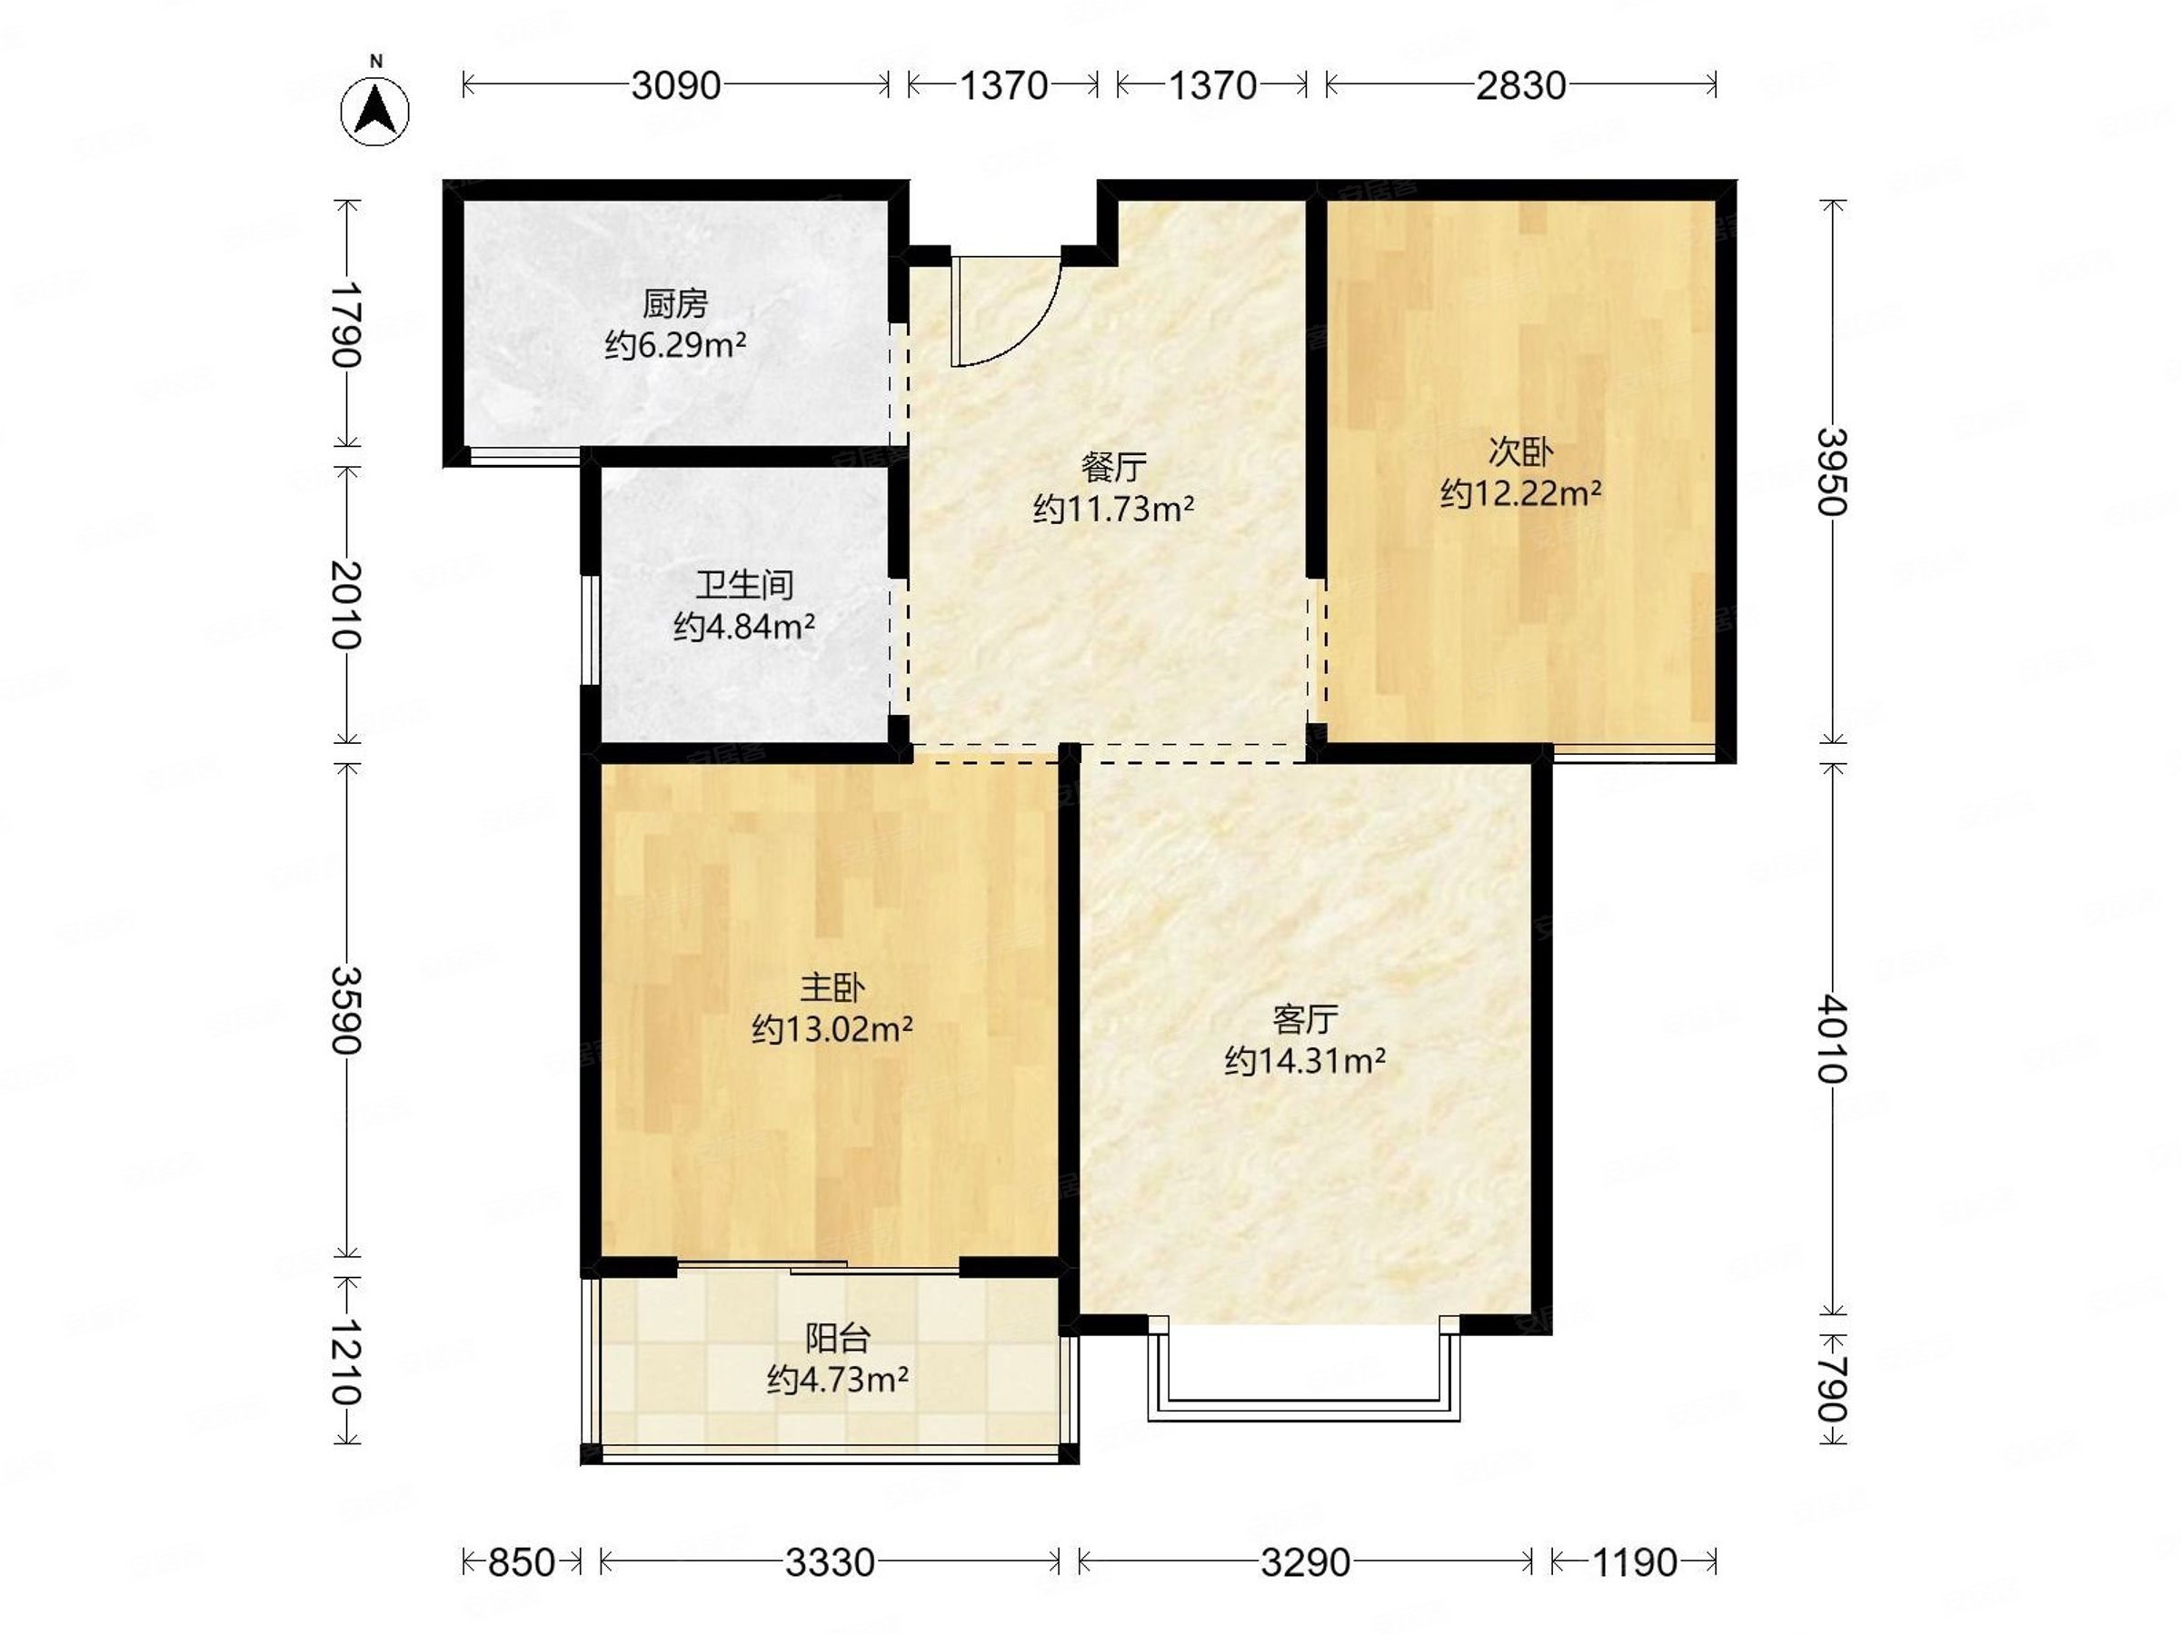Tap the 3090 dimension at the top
pyautogui.click(x=676, y=85)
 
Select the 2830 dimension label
pyautogui.click(x=1520, y=85)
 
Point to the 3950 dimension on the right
pyautogui.click(x=1832, y=472)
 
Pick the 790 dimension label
pyautogui.click(x=1832, y=1390)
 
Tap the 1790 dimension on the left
pyautogui.click(x=346, y=324)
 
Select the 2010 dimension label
pyautogui.click(x=346, y=604)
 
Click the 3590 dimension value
pyautogui.click(x=346, y=1010)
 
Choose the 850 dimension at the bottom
pyautogui.click(x=522, y=1562)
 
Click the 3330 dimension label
pyautogui.click(x=829, y=1562)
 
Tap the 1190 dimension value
pyautogui.click(x=1633, y=1562)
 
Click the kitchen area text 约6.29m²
pyautogui.click(x=675, y=345)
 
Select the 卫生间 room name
pyautogui.click(x=744, y=585)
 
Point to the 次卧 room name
pyautogui.click(x=1520, y=452)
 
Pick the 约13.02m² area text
pyautogui.click(x=832, y=1029)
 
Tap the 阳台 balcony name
pyautogui.click(x=838, y=1338)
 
